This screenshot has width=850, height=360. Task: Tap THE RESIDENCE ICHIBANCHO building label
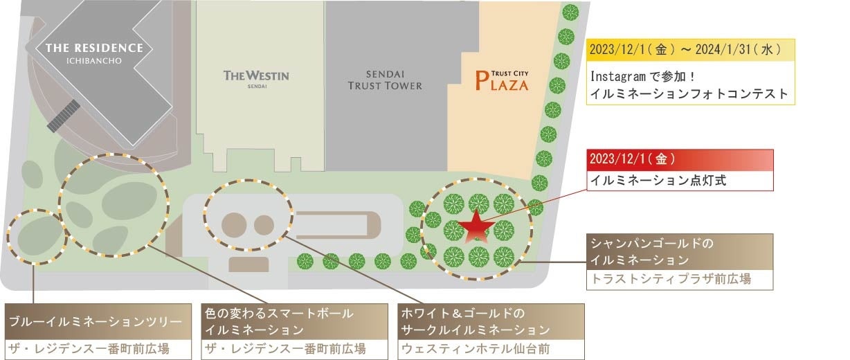(94, 53)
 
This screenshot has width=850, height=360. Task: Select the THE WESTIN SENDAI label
(256, 77)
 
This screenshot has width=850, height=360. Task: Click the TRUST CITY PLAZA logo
(503, 82)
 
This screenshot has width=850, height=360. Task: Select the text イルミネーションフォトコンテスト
(689, 93)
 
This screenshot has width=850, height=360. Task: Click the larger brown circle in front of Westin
(234, 226)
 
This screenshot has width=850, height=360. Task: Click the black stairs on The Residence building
(64, 116)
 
